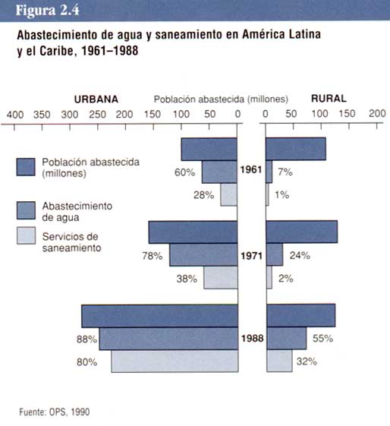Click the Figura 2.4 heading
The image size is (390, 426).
pos(47,11)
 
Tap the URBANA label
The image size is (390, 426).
pos(96,99)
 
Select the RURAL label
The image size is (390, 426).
pos(329,99)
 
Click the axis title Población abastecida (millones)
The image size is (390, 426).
pos(221,99)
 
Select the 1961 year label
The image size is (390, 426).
pos(251,170)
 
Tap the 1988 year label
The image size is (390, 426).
pos(253,338)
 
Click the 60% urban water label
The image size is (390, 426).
pos(185,172)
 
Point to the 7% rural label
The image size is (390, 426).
pos(285,172)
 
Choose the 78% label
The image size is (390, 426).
pos(153,256)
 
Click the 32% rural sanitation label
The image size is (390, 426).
pos(307,361)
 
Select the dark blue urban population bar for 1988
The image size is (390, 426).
pos(160,316)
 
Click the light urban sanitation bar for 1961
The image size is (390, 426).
pos(228,194)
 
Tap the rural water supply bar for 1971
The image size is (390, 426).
pos(275,254)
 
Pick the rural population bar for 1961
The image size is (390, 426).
pos(296,149)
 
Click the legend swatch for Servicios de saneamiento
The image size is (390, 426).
pos(26,235)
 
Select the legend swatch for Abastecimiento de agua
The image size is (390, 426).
pos(26,210)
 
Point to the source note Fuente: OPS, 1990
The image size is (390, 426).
pos(55,412)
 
